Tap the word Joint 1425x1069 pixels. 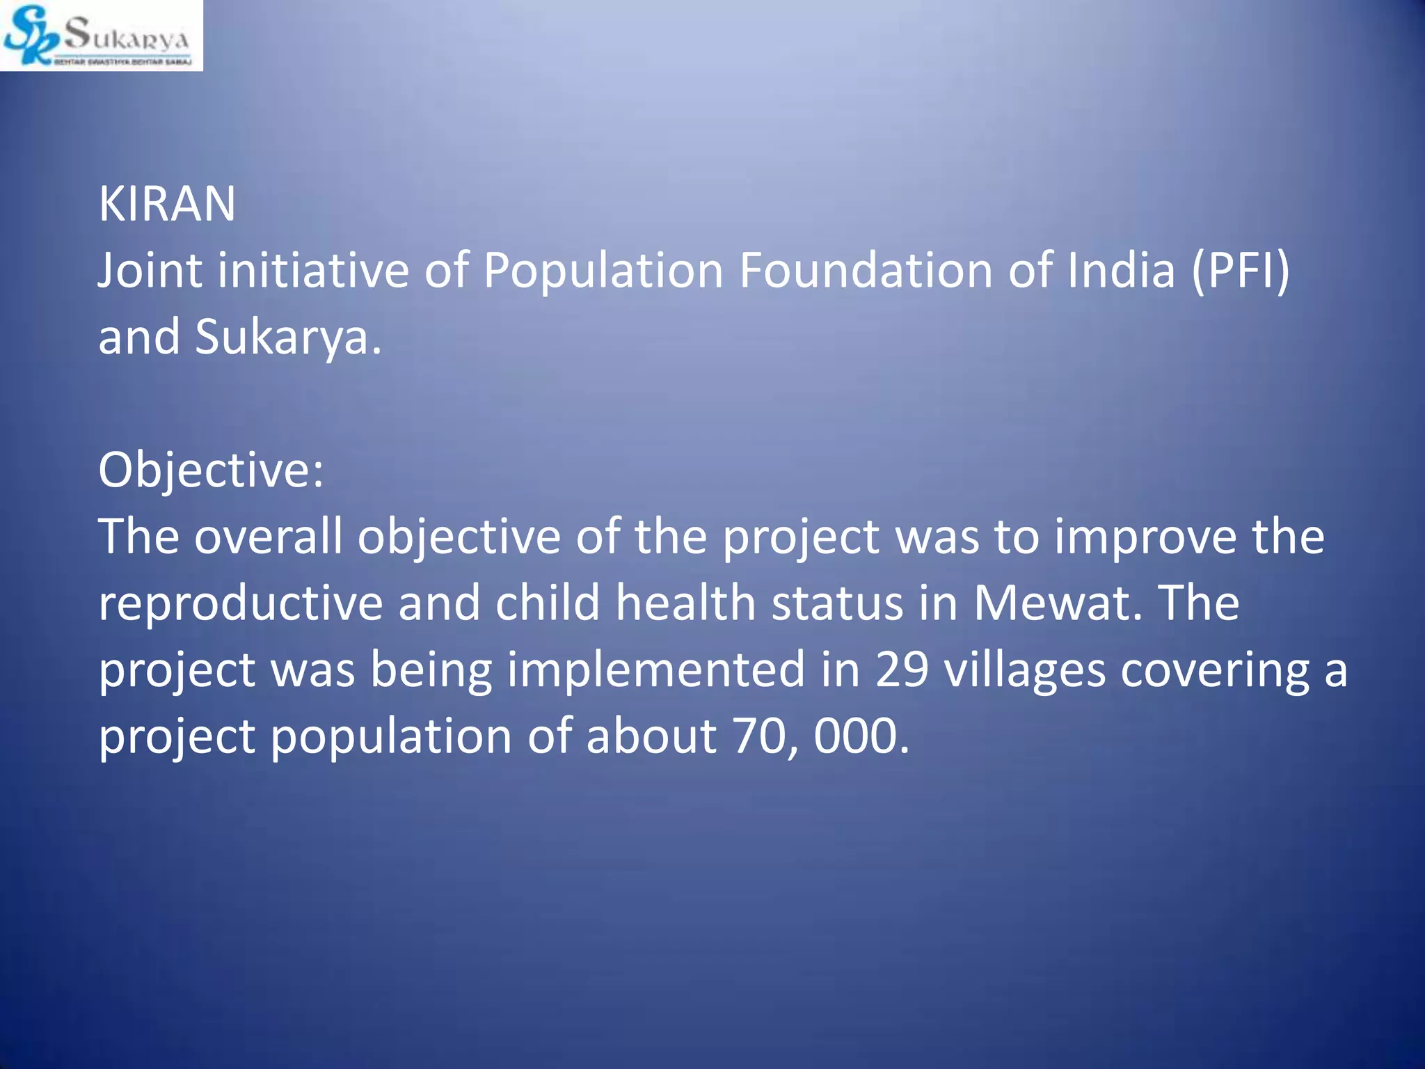click(x=150, y=271)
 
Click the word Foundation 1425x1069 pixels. click(x=866, y=271)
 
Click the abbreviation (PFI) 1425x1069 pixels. click(x=1241, y=271)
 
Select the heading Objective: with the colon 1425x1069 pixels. click(x=211, y=471)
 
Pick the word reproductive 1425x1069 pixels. click(x=240, y=603)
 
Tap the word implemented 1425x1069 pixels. click(x=655, y=670)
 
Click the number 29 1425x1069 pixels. click(x=902, y=669)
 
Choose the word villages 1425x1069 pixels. click(x=1024, y=670)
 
